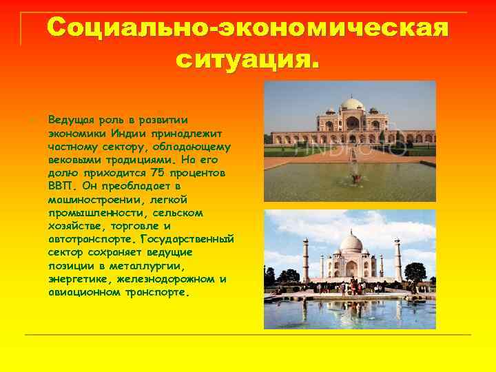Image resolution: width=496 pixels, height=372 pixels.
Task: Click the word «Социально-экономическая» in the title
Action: pyautogui.click(x=248, y=28)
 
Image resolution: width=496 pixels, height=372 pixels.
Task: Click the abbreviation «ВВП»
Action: pyautogui.click(x=61, y=186)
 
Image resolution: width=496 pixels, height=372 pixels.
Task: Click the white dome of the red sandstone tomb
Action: pyautogui.click(x=352, y=105)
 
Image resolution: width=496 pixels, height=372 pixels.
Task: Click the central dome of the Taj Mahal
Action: pyautogui.click(x=351, y=243)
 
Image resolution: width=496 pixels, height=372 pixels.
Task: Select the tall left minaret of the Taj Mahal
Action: pyautogui.click(x=305, y=259)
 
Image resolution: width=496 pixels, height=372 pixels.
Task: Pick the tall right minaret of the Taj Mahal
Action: pyautogui.click(x=397, y=259)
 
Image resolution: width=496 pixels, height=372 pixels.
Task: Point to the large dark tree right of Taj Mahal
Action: pyautogui.click(x=415, y=272)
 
